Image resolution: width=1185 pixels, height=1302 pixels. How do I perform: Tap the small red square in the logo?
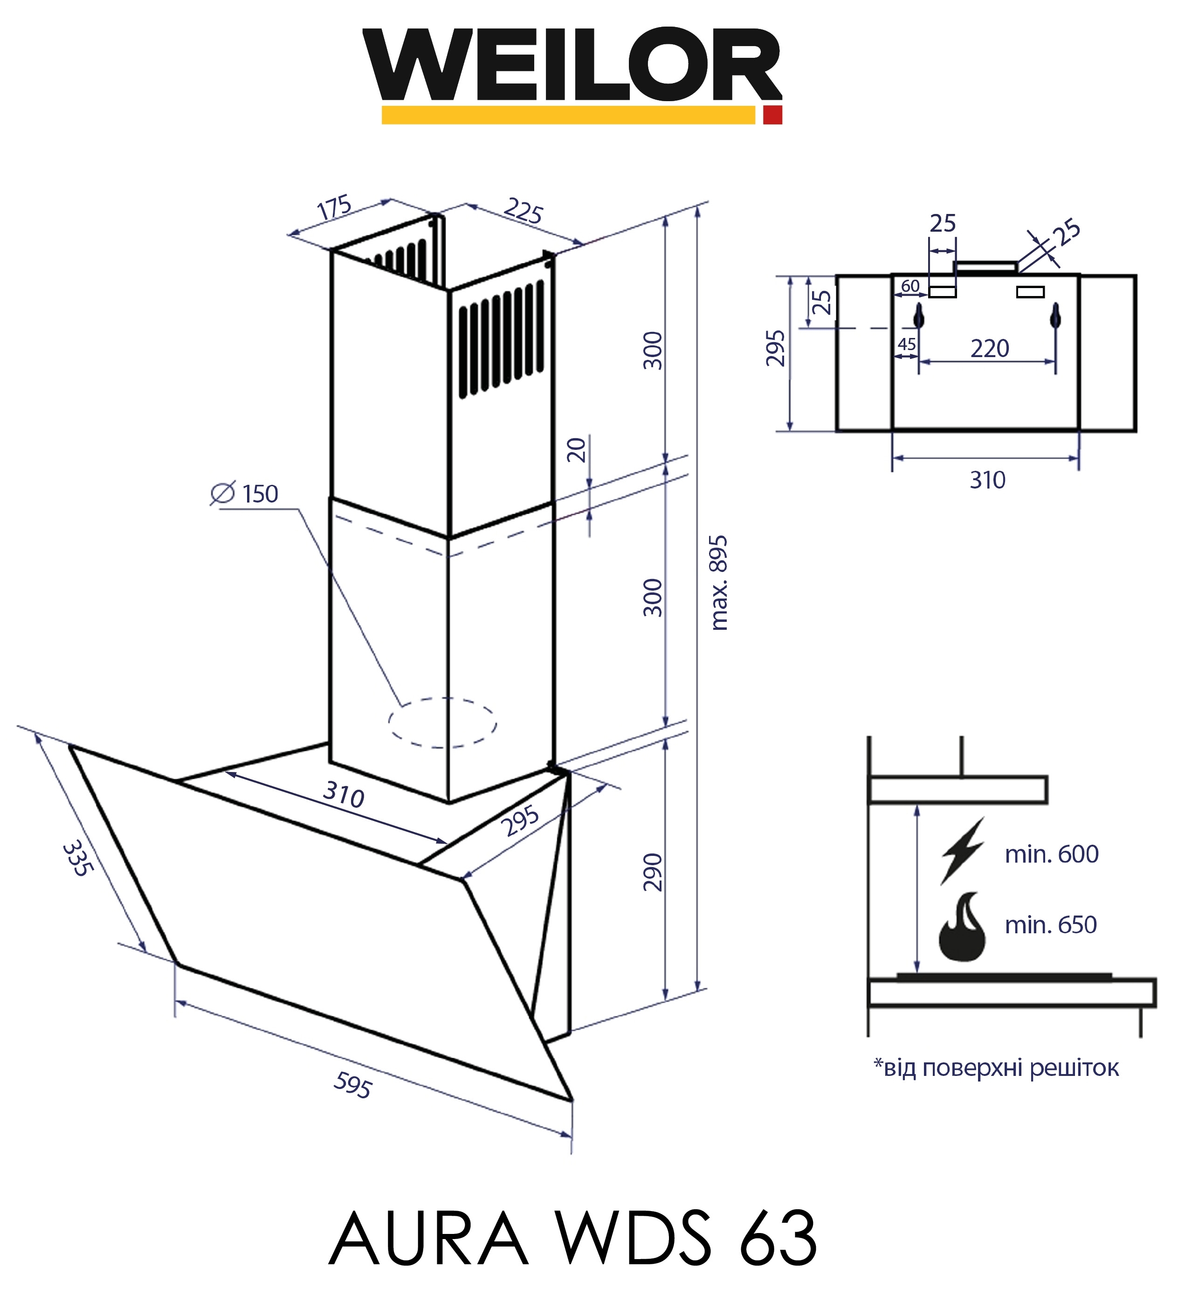click(x=772, y=115)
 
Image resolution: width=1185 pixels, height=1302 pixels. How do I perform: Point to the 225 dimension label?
click(x=523, y=211)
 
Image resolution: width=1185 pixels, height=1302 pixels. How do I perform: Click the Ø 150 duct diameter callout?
click(x=245, y=494)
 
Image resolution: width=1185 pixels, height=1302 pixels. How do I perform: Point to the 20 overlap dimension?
click(x=576, y=450)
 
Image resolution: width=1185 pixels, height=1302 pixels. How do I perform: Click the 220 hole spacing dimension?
click(x=989, y=349)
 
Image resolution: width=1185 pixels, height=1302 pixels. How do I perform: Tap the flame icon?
click(x=962, y=926)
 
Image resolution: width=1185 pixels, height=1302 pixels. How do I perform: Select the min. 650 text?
click(x=1051, y=925)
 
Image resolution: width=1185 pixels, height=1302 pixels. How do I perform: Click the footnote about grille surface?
click(x=996, y=1068)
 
